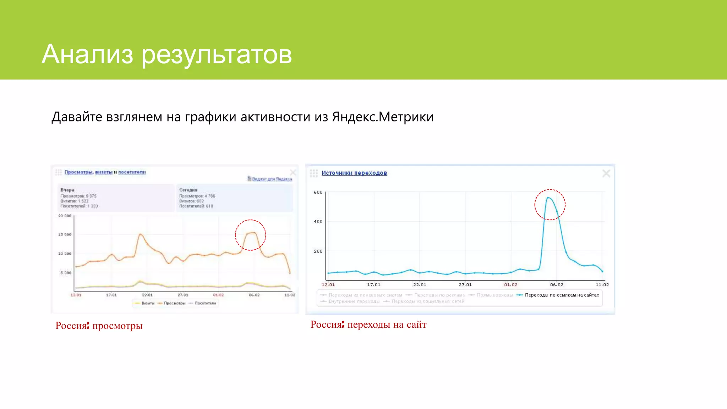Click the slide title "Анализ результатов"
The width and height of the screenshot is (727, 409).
[166, 54]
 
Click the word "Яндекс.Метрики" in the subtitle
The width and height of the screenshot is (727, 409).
[383, 117]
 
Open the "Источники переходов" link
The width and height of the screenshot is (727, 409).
[354, 173]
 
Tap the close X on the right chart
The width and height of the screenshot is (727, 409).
[606, 173]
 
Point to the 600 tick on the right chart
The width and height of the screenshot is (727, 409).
[318, 192]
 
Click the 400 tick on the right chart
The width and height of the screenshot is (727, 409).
[318, 222]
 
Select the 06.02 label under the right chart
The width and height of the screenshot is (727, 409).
[556, 285]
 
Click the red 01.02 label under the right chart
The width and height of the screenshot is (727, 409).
[510, 285]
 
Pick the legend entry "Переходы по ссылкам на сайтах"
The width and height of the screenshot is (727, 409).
[562, 295]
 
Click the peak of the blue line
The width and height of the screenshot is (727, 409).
[548, 197]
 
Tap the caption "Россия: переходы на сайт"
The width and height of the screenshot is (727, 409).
[368, 325]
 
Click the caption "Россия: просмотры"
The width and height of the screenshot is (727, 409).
[99, 326]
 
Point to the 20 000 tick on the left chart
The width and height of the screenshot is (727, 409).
[65, 216]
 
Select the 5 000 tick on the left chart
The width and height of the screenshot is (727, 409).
[66, 273]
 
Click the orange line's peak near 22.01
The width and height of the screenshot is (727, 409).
[141, 234]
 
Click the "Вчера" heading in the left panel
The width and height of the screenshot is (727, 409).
[67, 190]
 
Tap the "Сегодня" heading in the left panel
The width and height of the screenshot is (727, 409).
[188, 190]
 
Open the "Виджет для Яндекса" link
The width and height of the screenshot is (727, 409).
[272, 179]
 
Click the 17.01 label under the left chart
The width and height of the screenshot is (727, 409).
[111, 295]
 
